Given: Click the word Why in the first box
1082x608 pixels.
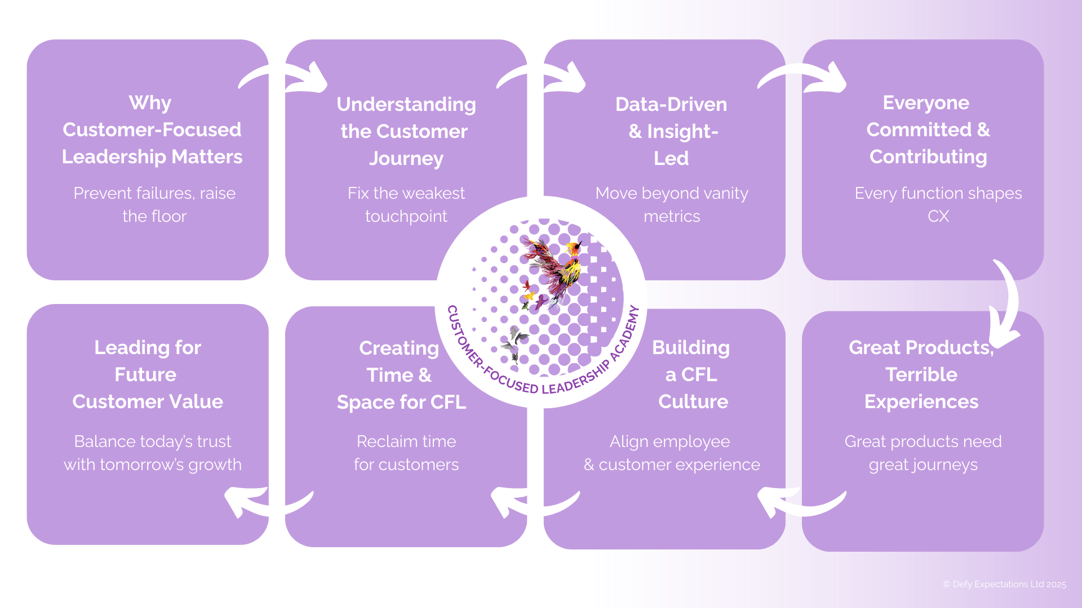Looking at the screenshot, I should (150, 103).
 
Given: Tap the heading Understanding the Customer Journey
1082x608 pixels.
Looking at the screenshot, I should (406, 131).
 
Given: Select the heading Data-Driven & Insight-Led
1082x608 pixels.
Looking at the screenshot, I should (671, 131).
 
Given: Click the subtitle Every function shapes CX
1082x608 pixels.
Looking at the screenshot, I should (938, 204).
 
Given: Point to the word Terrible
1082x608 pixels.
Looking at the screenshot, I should (921, 375).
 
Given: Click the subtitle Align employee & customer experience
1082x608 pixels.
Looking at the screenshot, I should (671, 453).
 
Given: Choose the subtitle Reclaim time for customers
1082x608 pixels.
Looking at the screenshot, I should (406, 453).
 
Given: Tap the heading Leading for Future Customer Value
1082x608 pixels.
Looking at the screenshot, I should (148, 375).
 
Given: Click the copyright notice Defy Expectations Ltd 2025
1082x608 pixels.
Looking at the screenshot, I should (1005, 584).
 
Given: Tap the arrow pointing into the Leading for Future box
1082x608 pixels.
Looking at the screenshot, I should (265, 501).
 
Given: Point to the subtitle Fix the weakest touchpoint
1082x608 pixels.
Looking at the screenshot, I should (406, 204).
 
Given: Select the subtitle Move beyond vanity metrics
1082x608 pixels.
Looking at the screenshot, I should (671, 204).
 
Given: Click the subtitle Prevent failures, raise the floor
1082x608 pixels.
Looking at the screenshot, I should (154, 204).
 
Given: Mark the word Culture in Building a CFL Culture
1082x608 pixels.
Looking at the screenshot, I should (693, 402).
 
